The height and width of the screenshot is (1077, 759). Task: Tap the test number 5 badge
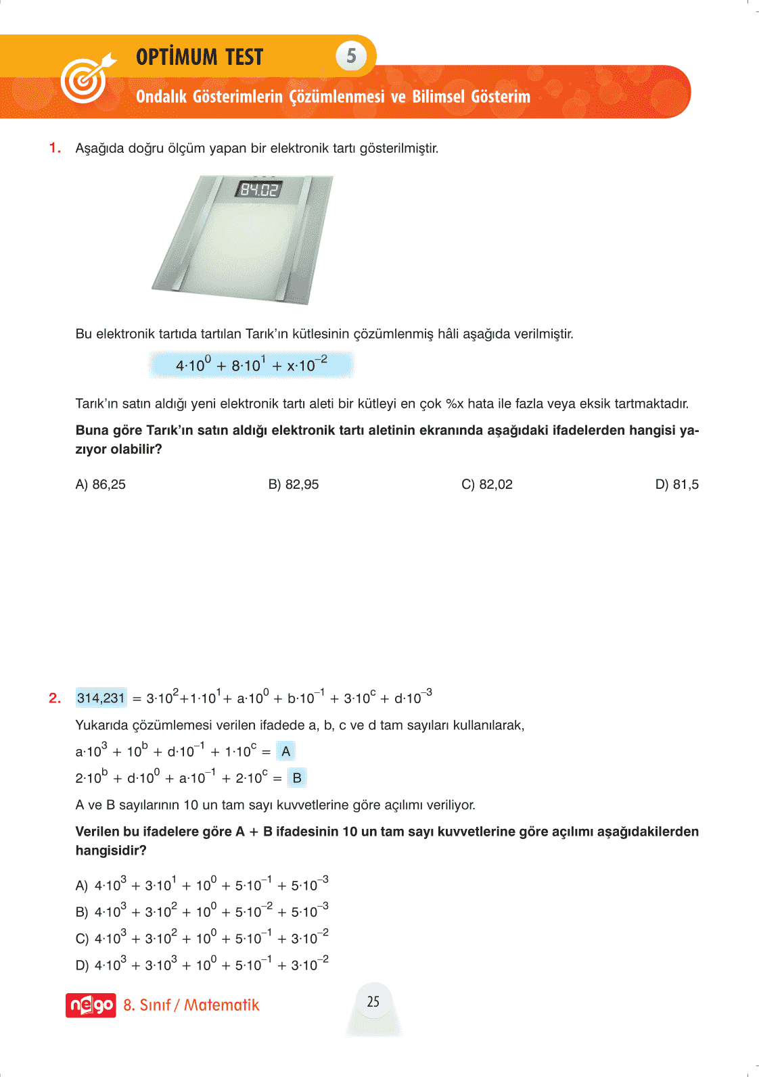pos(351,56)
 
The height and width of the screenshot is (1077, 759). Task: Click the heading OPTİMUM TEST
pos(200,57)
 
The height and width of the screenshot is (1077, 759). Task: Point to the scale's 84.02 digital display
pos(259,189)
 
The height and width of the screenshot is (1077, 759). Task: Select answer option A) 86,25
pos(101,485)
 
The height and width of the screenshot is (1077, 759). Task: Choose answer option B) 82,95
pos(294,485)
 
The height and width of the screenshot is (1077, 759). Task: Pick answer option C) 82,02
pos(487,485)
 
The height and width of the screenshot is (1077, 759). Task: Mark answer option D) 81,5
pos(676,485)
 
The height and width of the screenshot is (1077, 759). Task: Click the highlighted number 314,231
pos(101,698)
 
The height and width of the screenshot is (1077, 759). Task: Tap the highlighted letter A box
pos(286,751)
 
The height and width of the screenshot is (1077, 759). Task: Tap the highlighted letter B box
pos(297,778)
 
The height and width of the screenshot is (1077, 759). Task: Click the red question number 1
pos(55,148)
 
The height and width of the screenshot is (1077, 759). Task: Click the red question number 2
pos(55,698)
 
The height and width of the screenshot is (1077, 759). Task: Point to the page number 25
pos(373,1002)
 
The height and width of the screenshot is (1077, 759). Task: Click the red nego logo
pos(91,1005)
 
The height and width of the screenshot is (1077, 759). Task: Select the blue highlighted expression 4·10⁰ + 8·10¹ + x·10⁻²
pos(251,365)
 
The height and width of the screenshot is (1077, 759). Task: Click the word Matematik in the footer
pos(222,1005)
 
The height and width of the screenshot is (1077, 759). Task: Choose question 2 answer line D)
pos(202,965)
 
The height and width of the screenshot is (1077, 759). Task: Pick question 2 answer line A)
pos(202,885)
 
